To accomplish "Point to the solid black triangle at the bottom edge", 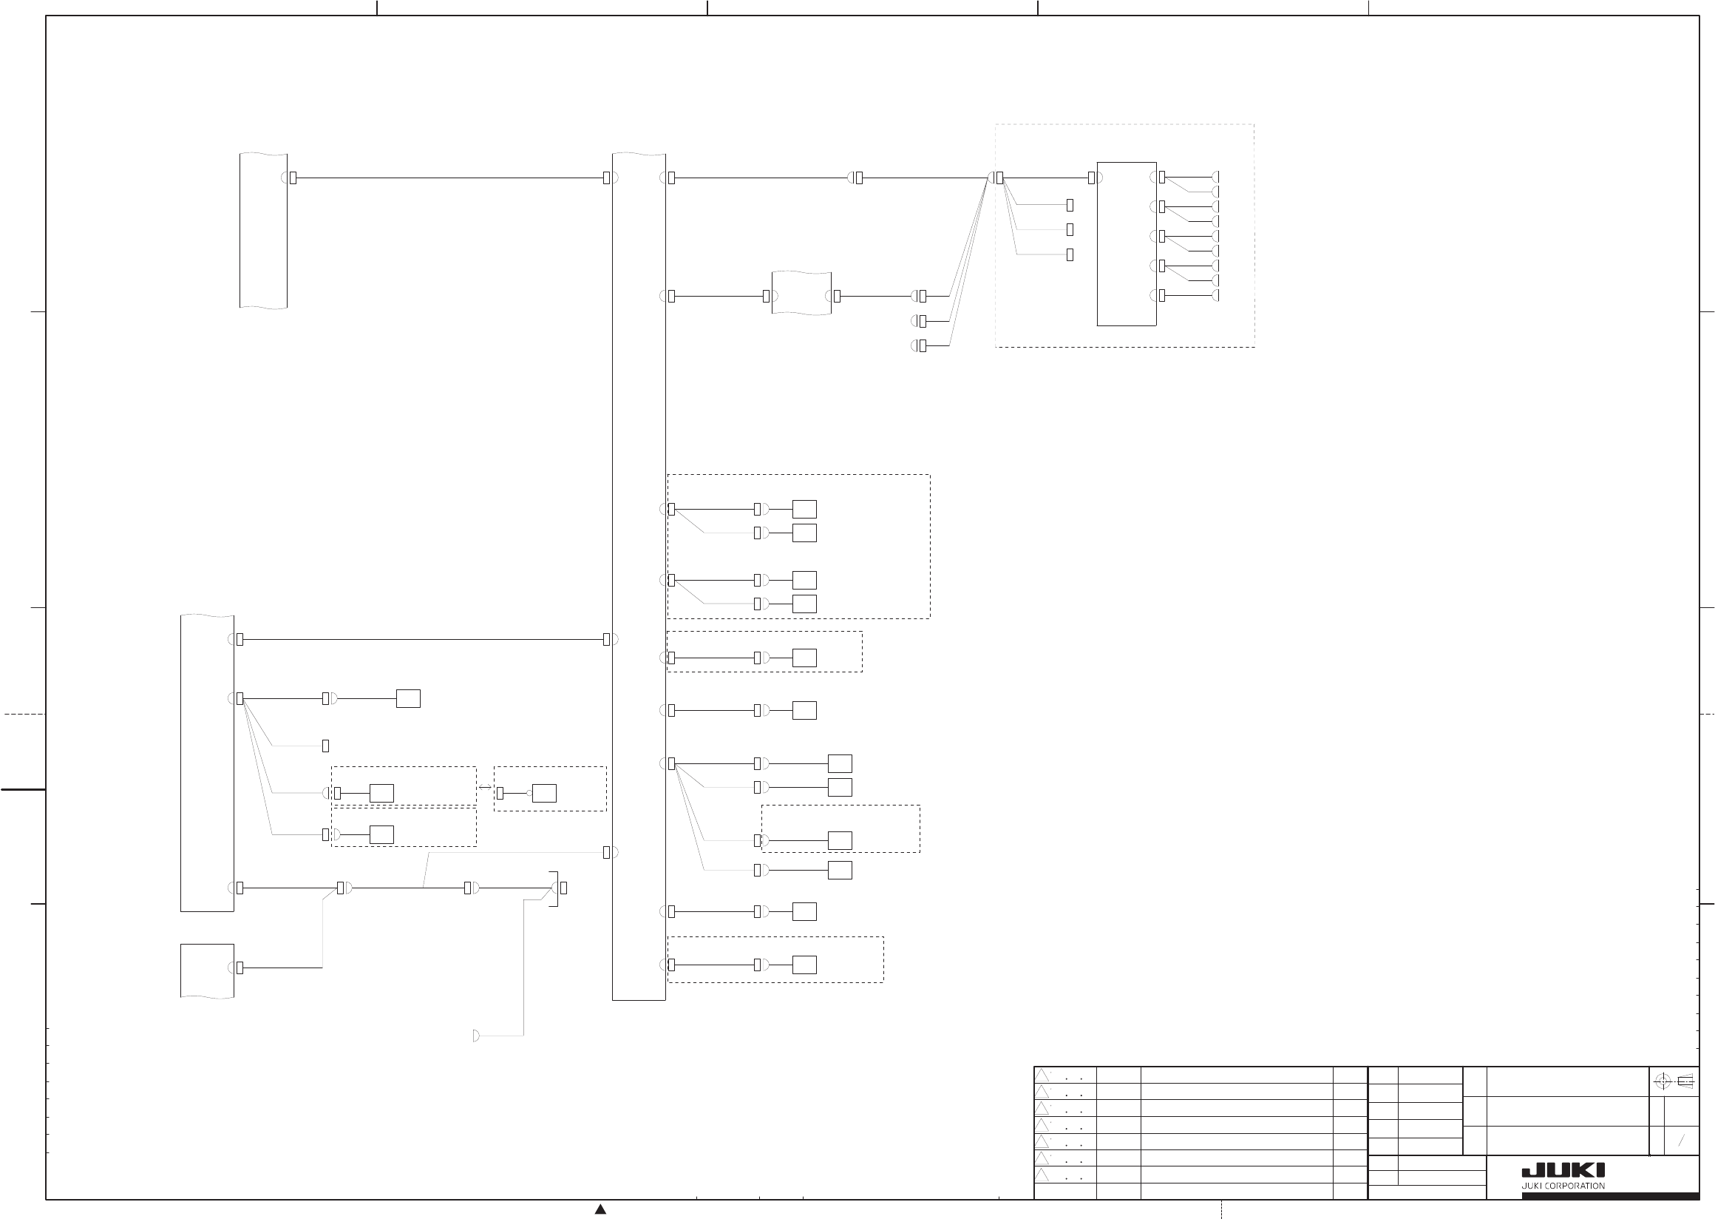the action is tap(600, 1209).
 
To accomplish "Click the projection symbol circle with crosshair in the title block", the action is tap(1662, 1081).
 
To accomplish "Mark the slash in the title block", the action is tap(1681, 1141).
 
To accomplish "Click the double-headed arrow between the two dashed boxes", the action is tap(485, 788).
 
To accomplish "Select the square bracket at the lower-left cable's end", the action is tap(555, 888).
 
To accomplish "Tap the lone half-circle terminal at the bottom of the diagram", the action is tap(476, 1036).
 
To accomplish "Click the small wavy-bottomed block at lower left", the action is tap(207, 970).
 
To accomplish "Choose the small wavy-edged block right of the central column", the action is tap(801, 293).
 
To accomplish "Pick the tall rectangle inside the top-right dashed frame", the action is tap(1126, 244).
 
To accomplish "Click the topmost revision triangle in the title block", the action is tap(1042, 1076).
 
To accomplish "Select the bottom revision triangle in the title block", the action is tap(1042, 1175).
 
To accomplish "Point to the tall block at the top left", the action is tap(263, 231).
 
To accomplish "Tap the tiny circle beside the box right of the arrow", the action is tap(529, 793).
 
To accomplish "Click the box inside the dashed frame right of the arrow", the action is tap(544, 793).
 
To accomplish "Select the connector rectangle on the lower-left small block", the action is tap(240, 968).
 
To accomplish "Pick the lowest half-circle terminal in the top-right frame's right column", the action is tap(1216, 295).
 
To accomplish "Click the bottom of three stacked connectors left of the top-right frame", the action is tap(922, 345).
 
